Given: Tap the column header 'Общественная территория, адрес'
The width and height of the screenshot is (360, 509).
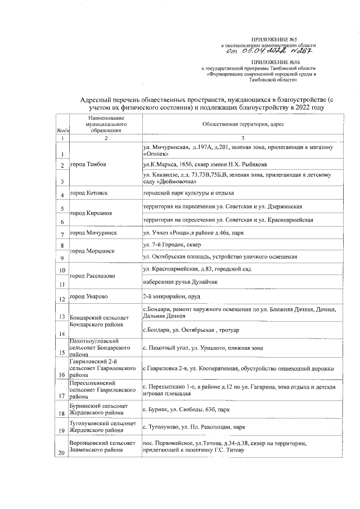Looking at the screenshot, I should (x=239, y=123).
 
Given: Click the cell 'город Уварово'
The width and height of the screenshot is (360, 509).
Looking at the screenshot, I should (x=89, y=296).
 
